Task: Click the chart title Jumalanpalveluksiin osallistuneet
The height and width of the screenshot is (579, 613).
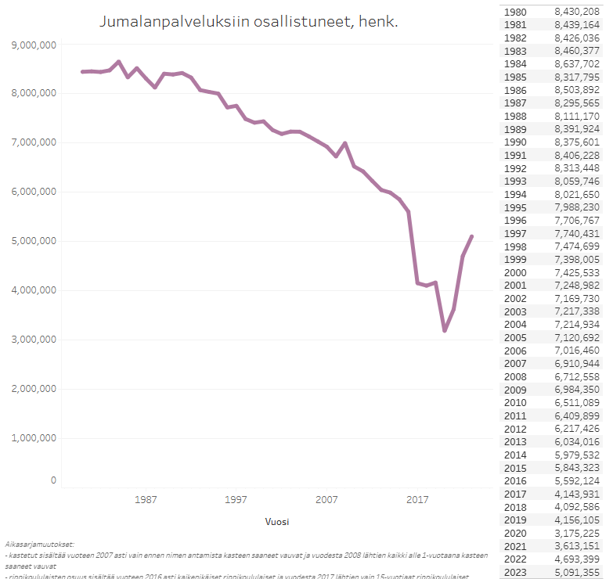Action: (249, 22)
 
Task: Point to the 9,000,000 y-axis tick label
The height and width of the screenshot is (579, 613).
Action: (34, 45)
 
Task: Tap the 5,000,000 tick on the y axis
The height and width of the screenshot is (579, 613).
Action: (34, 241)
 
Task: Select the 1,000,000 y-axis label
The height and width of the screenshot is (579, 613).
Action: (34, 438)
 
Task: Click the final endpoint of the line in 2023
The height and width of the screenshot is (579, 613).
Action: (472, 236)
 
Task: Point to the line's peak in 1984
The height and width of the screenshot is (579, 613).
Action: (118, 62)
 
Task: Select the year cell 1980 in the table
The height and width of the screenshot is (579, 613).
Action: (515, 12)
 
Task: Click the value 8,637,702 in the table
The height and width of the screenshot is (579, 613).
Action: (576, 64)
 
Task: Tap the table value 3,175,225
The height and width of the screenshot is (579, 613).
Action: (576, 533)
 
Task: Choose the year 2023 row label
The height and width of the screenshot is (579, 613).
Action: (515, 572)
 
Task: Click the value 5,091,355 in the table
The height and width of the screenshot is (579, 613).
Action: (576, 572)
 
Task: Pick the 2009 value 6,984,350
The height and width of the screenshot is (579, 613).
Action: (576, 390)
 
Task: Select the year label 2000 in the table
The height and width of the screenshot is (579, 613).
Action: (515, 272)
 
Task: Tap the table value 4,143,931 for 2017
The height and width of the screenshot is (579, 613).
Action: (576, 494)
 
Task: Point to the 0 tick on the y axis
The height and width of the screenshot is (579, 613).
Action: (53, 480)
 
